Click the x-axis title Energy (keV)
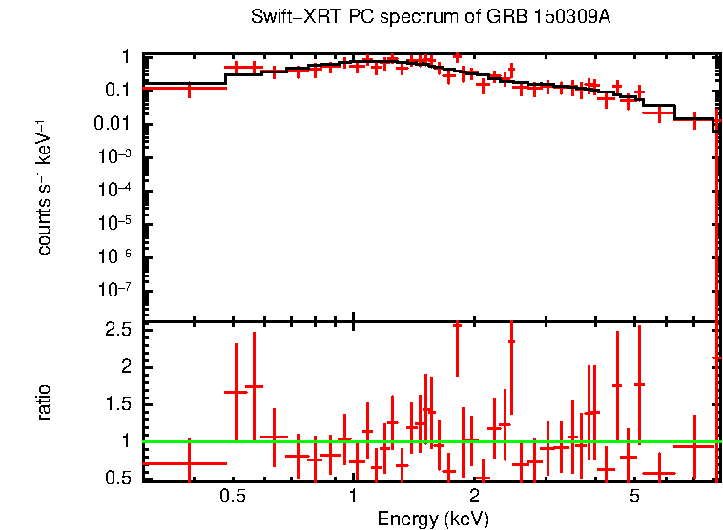[433, 519]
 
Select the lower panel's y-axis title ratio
[44, 403]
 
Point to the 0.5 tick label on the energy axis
[232, 497]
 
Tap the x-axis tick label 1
[353, 497]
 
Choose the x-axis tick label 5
[633, 497]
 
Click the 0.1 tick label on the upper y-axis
[116, 92]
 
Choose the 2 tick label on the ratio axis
[124, 367]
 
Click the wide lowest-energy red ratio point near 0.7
[187, 464]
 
